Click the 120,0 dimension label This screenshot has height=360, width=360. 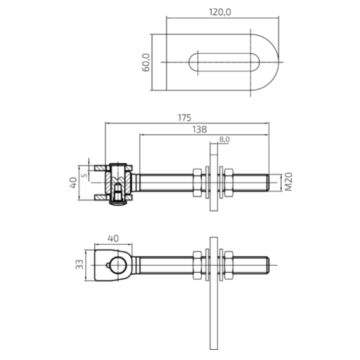pyautogui.click(x=220, y=12)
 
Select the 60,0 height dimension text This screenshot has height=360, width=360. pyautogui.click(x=146, y=62)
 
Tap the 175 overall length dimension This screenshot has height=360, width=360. pyautogui.click(x=184, y=118)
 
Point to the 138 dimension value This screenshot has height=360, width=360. pyautogui.click(x=200, y=130)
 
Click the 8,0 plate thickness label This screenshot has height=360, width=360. pyautogui.click(x=225, y=139)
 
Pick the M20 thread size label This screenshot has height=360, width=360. pyautogui.click(x=288, y=182)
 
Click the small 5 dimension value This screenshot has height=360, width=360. pyautogui.click(x=85, y=175)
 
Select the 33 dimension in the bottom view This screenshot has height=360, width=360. pyautogui.click(x=80, y=265)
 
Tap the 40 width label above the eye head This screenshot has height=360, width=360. pyautogui.click(x=113, y=239)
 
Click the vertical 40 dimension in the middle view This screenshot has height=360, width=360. pyautogui.click(x=73, y=183)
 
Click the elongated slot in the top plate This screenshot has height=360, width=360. pyautogui.click(x=224, y=62)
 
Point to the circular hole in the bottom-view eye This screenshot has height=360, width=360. pyautogui.click(x=118, y=265)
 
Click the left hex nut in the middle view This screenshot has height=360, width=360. pyautogui.click(x=197, y=183)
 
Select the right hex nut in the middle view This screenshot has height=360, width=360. pyautogui.click(x=228, y=183)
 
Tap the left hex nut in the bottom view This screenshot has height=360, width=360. pyautogui.click(x=197, y=265)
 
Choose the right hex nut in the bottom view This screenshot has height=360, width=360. pyautogui.click(x=228, y=265)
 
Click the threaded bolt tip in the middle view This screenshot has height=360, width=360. pyautogui.click(x=268, y=183)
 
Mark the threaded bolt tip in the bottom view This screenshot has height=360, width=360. pyautogui.click(x=268, y=265)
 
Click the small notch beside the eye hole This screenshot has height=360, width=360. pyautogui.click(x=108, y=265)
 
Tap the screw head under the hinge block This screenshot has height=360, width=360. pyautogui.click(x=118, y=203)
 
